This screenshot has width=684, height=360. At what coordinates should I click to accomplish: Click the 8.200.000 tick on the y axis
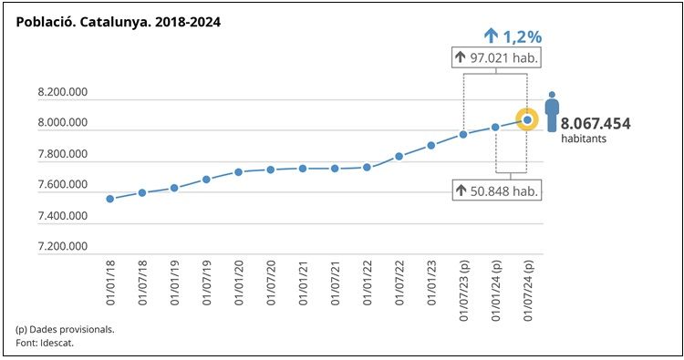point(62,93)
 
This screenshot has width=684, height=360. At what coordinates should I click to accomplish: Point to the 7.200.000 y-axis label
point(62,246)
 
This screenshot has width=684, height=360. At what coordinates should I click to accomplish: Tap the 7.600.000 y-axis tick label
point(62,185)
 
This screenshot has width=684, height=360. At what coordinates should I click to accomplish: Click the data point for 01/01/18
point(109,199)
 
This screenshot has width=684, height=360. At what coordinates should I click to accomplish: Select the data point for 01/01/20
point(238,171)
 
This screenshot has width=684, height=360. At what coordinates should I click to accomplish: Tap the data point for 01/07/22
point(399,156)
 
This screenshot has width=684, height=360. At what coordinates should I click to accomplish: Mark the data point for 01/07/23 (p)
point(463,134)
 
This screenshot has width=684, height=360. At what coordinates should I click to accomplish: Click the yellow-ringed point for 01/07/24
point(527,119)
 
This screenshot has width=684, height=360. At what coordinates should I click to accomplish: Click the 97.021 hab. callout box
point(497,58)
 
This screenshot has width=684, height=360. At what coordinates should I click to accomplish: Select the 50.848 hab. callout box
point(497,190)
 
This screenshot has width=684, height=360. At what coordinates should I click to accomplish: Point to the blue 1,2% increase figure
point(513,36)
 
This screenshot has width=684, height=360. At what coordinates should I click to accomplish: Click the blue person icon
point(552,111)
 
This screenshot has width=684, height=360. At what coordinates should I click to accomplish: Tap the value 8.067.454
point(596,123)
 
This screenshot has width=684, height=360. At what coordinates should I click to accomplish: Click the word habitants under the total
point(583,139)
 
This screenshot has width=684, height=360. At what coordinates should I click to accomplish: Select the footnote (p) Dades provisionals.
point(65,328)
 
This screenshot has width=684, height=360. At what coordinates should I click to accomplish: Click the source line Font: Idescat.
point(45,343)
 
